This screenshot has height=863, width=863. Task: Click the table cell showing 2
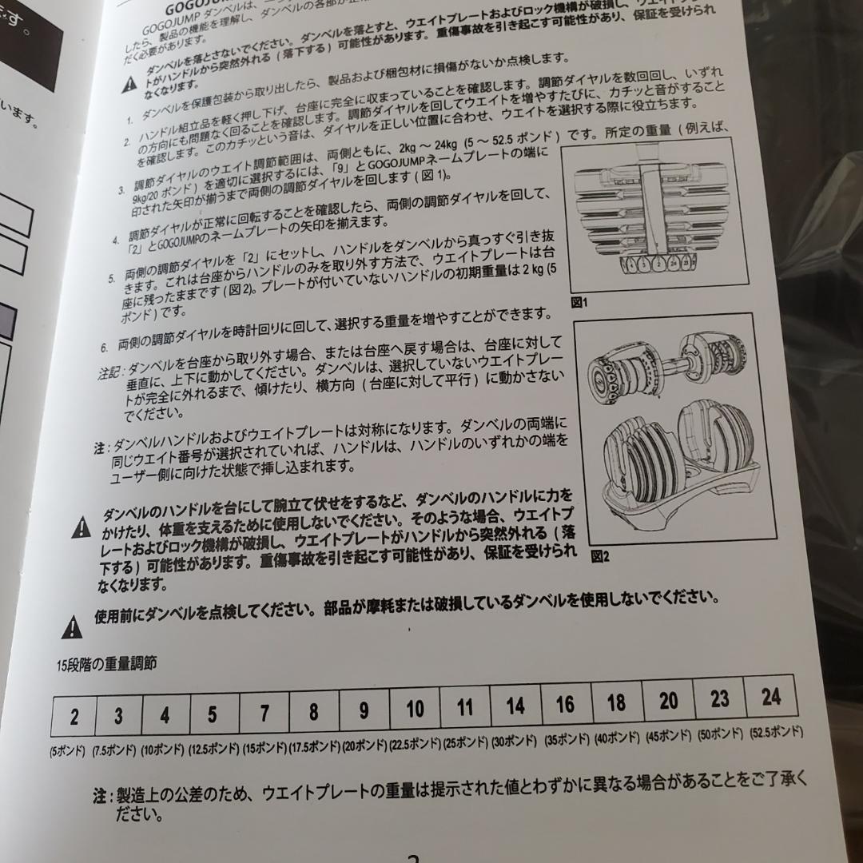(x=74, y=717)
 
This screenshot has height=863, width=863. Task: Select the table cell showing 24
(x=770, y=697)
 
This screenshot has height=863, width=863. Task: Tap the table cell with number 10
(x=415, y=709)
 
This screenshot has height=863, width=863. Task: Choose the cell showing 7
(x=264, y=713)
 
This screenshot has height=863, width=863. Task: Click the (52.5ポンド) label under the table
(x=777, y=732)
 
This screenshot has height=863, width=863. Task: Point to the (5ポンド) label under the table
(x=67, y=751)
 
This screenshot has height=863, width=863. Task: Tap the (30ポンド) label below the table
(x=515, y=741)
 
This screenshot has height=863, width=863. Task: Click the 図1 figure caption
(x=579, y=303)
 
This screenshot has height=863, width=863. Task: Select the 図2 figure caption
(x=600, y=557)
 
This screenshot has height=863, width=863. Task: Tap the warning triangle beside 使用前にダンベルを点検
(x=73, y=626)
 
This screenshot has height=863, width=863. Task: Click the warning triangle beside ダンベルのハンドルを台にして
(x=81, y=527)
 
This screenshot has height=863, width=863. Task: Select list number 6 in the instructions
(x=104, y=347)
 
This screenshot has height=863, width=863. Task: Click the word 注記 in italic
(x=109, y=372)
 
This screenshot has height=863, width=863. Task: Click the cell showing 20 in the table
(x=668, y=701)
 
